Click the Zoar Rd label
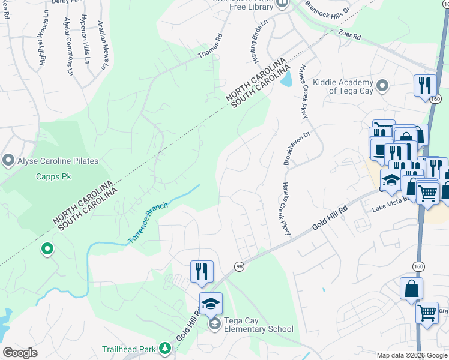[x=349, y=37]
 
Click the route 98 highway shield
[x=238, y=266]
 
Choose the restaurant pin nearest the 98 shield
[x=202, y=271]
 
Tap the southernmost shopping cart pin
[x=426, y=313]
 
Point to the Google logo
[x=20, y=353]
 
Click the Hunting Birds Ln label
[x=258, y=41]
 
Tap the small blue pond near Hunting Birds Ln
[x=287, y=79]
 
